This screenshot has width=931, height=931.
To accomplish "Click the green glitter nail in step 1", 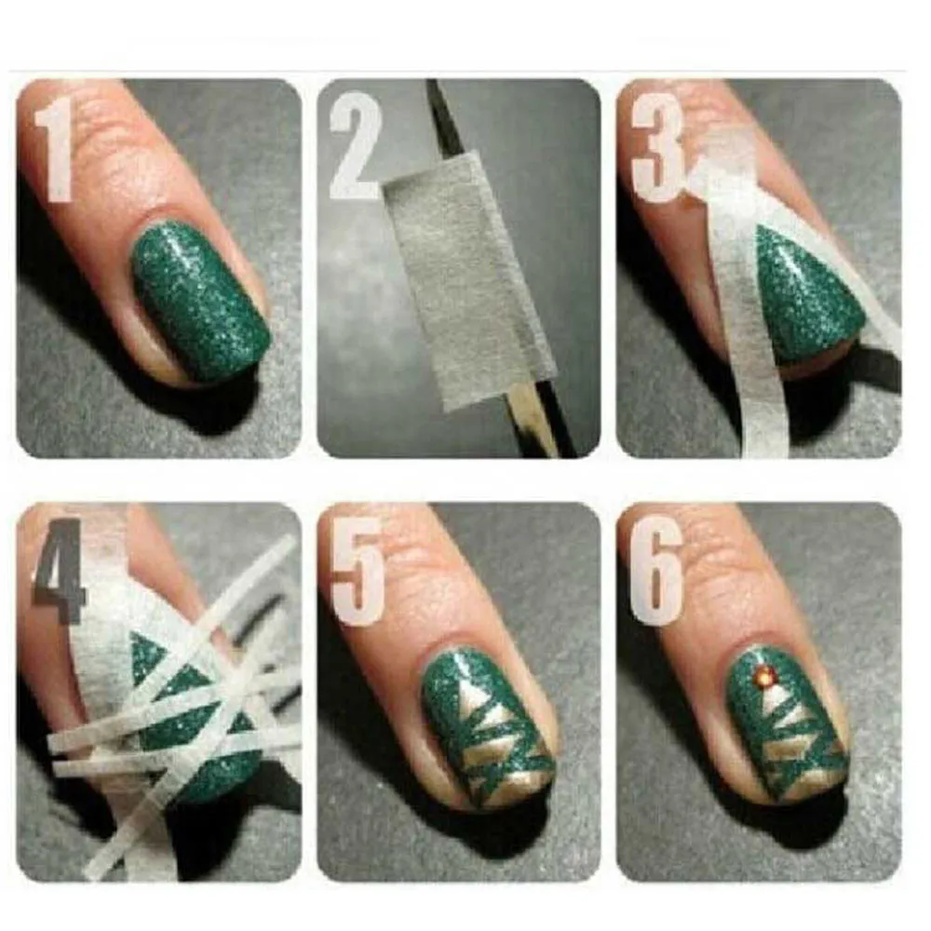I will pyautogui.click(x=200, y=298).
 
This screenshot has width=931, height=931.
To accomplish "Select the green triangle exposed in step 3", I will pyautogui.click(x=801, y=289).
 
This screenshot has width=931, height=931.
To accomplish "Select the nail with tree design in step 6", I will pyautogui.click(x=787, y=726).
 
